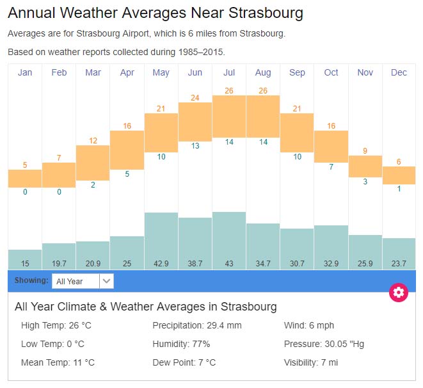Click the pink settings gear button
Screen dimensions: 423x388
pyautogui.click(x=399, y=292)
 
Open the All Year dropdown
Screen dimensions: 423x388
pyautogui.click(x=83, y=281)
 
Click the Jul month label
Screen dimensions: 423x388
pyautogui.click(x=229, y=72)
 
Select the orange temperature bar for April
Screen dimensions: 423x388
pyautogui.click(x=127, y=150)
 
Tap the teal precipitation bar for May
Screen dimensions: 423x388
pyautogui.click(x=161, y=241)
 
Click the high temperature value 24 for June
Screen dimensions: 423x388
pyautogui.click(x=195, y=98)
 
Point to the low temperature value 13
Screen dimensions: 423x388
pyautogui.click(x=195, y=146)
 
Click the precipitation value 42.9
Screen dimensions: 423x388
pyautogui.click(x=161, y=263)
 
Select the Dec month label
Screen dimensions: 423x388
pyautogui.click(x=399, y=72)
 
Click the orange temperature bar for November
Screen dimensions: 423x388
pyautogui.click(x=365, y=166)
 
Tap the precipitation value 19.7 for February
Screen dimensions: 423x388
pyautogui.click(x=59, y=263)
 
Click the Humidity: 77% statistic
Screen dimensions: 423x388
pyautogui.click(x=181, y=344)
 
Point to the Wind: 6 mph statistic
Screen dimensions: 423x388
pyautogui.click(x=309, y=325)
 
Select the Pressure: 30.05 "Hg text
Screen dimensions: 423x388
pyautogui.click(x=324, y=344)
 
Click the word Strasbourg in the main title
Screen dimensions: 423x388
pyautogui.click(x=266, y=13)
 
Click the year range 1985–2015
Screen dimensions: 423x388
pyautogui.click(x=201, y=52)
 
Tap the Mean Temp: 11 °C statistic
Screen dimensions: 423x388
pyautogui.click(x=58, y=362)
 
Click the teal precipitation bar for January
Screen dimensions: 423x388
pyautogui.click(x=25, y=259)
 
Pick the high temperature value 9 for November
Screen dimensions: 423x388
pyautogui.click(x=365, y=150)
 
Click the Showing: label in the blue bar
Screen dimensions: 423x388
pyautogui.click(x=31, y=280)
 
